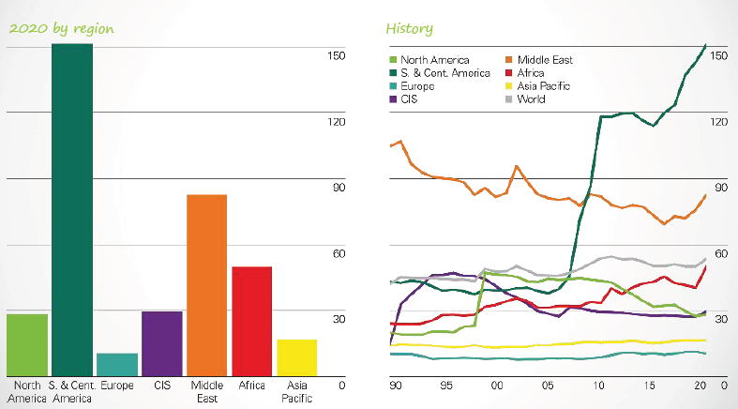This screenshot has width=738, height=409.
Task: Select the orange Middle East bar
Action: click(207, 285)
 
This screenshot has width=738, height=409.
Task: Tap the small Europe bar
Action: click(117, 365)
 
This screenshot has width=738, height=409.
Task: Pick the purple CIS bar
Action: click(162, 343)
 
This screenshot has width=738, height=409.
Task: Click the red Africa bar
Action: click(251, 322)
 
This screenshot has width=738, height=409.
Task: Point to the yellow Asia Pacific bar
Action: click(296, 357)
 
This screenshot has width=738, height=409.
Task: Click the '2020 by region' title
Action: click(61, 28)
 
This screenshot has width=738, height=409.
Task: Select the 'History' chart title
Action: click(409, 29)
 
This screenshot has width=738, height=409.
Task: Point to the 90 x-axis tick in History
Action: click(395, 386)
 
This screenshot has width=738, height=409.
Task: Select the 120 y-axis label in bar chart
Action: click(336, 122)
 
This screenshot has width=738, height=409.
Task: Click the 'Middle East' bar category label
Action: click(207, 391)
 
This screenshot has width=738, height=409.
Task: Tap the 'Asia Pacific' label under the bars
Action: click(296, 391)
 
